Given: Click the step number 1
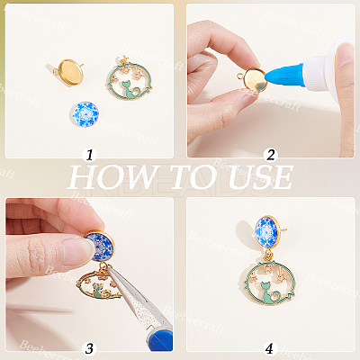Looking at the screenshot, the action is [x=89, y=155].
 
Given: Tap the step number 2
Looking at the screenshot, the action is [x=270, y=155].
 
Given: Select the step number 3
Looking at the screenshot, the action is [x=89, y=348].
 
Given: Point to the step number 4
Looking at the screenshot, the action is [x=269, y=348].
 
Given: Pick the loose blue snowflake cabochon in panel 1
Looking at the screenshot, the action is [x=85, y=114].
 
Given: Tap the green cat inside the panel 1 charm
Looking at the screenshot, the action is [x=130, y=90].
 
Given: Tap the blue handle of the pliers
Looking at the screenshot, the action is [x=159, y=339].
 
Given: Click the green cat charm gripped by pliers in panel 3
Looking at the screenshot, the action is [x=99, y=286].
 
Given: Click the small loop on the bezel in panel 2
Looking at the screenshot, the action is [x=240, y=76].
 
